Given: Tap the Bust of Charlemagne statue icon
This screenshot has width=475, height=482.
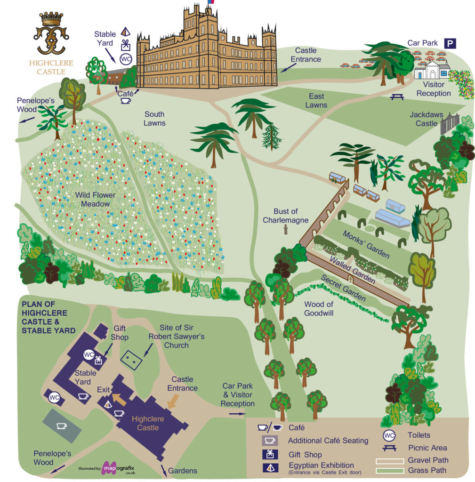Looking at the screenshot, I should tap(286, 230).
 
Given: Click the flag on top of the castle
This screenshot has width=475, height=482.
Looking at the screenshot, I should tap(210, 2).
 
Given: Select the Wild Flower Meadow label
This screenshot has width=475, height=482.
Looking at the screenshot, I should tap(95, 199).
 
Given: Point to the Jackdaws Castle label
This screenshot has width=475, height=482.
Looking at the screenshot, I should tap(424, 119).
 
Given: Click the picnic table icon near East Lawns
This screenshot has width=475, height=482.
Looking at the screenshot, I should tap(397, 96).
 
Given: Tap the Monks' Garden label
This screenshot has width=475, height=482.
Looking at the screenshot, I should tap(366, 244).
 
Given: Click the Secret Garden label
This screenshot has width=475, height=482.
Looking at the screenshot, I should tap(343, 288).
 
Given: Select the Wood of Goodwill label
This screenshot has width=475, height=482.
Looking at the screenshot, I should tap(319, 308).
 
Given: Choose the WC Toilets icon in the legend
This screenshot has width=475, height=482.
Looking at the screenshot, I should tap(389, 435).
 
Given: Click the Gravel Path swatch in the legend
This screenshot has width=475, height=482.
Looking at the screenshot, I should tap(389, 460).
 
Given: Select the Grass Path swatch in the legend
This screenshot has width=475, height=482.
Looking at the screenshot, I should tap(389, 470).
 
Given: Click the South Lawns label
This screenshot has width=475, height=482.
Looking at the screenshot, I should tap(155, 119).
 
